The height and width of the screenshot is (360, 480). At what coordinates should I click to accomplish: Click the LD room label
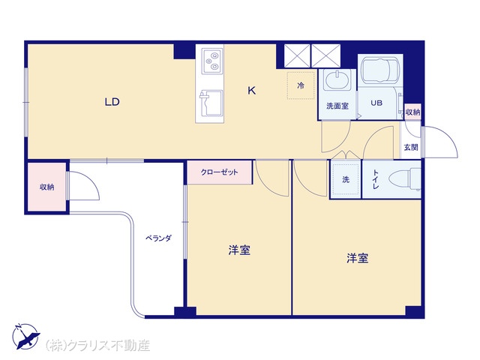[x=112, y=102]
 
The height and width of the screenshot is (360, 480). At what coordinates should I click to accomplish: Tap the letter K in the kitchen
[x=251, y=91]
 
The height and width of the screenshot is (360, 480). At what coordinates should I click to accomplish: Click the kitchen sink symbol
[x=211, y=103]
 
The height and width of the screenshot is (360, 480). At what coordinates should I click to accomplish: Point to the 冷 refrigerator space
[x=301, y=85]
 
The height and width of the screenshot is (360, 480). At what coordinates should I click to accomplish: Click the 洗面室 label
[x=337, y=106]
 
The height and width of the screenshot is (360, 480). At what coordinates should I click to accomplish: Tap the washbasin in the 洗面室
[x=337, y=81]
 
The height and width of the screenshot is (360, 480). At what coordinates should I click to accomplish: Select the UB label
[x=376, y=103]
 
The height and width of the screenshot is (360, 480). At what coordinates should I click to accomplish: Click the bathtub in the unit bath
[x=379, y=70]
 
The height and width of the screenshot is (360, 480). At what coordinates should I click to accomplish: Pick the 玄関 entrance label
[x=411, y=147]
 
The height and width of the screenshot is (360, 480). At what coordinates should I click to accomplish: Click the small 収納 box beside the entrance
[x=412, y=112]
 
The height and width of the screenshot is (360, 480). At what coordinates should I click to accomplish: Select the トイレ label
[x=376, y=179]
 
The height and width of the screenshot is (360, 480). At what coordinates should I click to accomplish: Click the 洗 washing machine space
[x=346, y=179]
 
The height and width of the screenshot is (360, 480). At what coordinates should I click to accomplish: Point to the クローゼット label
[x=219, y=172]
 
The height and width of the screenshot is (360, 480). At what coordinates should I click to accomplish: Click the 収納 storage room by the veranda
[x=46, y=187]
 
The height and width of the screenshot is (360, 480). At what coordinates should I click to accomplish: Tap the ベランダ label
[x=158, y=238]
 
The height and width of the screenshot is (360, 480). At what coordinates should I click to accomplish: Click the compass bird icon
[x=26, y=337]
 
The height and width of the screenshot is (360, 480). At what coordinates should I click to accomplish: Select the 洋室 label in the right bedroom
[x=358, y=258]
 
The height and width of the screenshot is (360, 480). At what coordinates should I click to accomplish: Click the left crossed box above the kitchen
[x=297, y=55]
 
